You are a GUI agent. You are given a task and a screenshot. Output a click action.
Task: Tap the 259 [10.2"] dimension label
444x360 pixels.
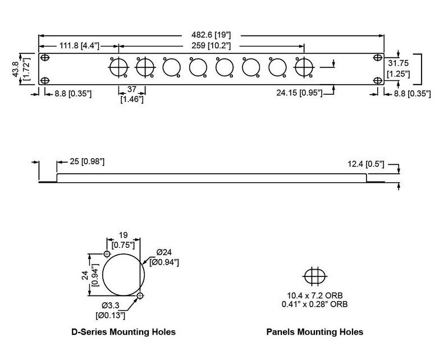[x=213, y=45]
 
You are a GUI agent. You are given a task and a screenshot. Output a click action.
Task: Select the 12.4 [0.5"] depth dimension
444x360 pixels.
[x=365, y=164]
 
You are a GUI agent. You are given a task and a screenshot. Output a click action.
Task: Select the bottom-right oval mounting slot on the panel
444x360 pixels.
[x=377, y=80]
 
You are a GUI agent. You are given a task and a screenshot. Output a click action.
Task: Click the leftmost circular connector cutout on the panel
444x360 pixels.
[x=118, y=68]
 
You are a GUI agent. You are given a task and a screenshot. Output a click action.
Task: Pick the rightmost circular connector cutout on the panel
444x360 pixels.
[x=304, y=68]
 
